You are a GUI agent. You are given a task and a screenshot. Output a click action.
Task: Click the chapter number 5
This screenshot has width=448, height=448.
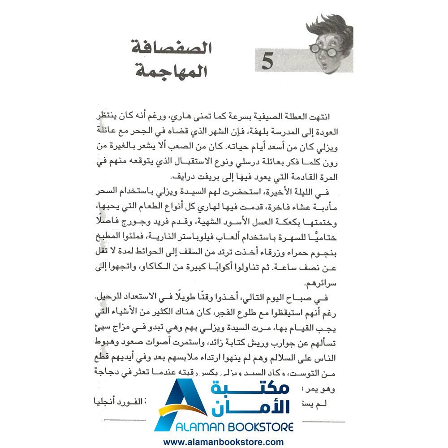click(267, 61)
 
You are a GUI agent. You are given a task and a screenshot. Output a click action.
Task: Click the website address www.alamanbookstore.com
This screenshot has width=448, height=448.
click(224, 442)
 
